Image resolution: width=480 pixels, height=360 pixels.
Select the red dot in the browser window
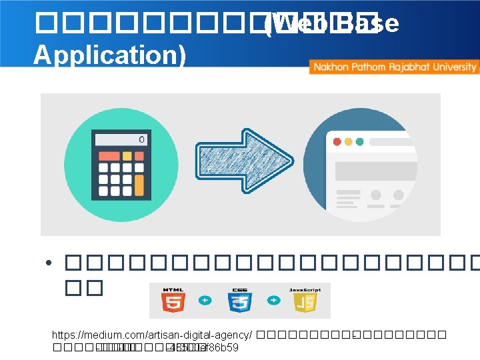[336, 141]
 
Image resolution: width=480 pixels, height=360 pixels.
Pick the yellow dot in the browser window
[348, 141]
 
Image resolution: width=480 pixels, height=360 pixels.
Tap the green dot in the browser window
[360, 141]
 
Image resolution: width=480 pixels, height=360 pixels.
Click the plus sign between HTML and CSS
[205, 301]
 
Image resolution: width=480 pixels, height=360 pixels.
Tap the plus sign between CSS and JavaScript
[273, 301]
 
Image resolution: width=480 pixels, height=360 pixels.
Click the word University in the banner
[455, 67]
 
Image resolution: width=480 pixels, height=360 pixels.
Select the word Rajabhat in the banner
[409, 67]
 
